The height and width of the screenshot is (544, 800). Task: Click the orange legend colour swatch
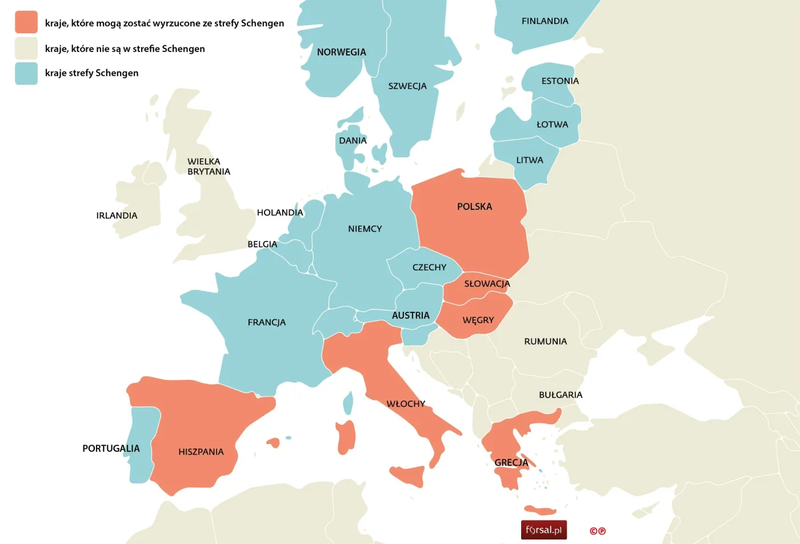click(26, 22)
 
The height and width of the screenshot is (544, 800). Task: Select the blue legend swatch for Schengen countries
click(26, 73)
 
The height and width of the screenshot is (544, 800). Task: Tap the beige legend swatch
click(26, 48)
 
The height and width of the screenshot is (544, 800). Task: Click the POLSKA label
click(474, 207)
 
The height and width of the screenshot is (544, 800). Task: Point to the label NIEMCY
click(365, 229)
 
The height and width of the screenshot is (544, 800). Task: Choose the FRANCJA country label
click(266, 323)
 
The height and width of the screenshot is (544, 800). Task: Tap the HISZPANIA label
click(201, 452)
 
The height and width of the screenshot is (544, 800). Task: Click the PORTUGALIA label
click(111, 448)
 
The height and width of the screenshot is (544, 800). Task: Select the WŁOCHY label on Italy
click(406, 404)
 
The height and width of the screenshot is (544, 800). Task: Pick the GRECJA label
click(511, 463)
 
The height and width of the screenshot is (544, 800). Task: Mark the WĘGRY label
click(478, 320)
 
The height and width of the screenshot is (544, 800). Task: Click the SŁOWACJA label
click(487, 284)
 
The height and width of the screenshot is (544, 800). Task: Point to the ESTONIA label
click(560, 81)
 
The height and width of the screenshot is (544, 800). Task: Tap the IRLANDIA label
click(117, 216)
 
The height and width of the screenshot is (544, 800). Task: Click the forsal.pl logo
click(543, 530)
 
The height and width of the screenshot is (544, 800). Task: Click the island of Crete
click(539, 510)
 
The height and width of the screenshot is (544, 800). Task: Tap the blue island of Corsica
click(348, 403)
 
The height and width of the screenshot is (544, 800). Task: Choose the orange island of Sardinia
click(346, 438)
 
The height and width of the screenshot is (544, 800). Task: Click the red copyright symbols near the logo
click(598, 531)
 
